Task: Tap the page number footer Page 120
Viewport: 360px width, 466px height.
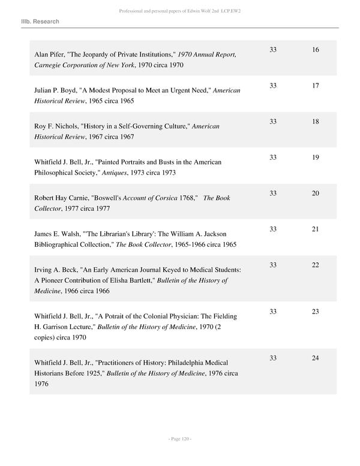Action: pos(179,439)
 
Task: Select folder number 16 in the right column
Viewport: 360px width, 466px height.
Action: pos(316,50)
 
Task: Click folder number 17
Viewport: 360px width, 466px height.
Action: pos(316,86)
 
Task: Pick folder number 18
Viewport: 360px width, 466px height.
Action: pos(316,122)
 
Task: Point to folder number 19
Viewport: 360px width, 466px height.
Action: pos(316,157)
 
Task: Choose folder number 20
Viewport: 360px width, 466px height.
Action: pos(316,193)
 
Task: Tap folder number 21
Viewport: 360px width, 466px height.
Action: pos(316,229)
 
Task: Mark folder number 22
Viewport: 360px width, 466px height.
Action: pos(316,265)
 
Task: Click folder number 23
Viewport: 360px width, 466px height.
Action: pos(316,312)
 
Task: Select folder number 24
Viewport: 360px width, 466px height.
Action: pos(316,359)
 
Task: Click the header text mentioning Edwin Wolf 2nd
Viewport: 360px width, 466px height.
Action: pos(179,11)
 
